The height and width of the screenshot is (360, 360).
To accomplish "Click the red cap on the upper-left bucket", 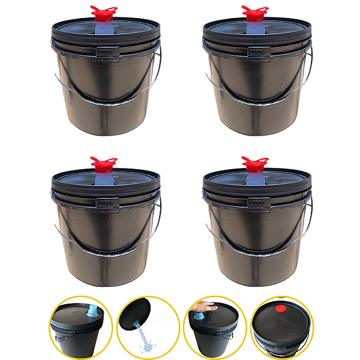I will tap(103, 13).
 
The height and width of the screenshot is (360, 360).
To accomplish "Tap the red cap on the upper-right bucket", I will tap(254, 13).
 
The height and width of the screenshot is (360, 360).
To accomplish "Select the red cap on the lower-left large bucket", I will tap(103, 163).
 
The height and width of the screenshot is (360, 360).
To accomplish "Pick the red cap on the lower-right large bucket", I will tap(254, 163).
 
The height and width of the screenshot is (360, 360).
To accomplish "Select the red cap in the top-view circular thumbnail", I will tap(280, 309).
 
